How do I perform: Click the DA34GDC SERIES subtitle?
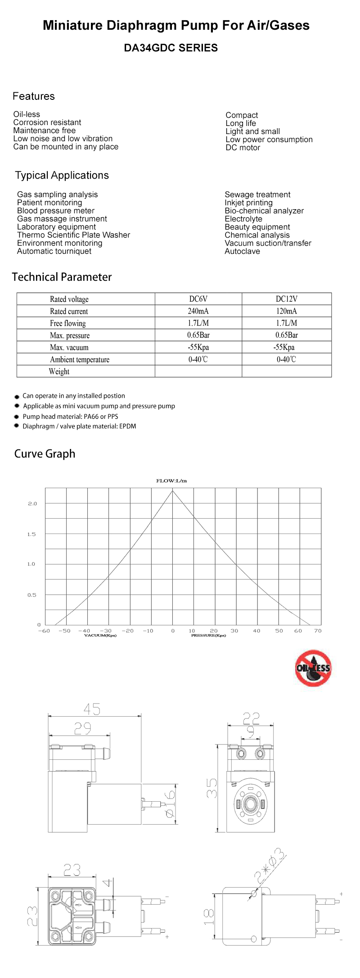[171, 48]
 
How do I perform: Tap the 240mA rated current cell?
[198, 311]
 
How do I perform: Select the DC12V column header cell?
[286, 299]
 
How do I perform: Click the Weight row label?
[59, 371]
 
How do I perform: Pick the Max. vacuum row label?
[69, 347]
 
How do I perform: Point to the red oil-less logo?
[313, 668]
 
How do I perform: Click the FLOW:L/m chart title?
[171, 480]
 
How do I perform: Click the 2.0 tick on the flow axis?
[32, 503]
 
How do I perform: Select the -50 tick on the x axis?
[65, 630]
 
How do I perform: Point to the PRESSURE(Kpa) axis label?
[208, 635]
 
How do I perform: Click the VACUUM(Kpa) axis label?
[100, 635]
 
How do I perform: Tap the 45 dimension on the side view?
[92, 709]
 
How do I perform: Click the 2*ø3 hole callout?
[270, 865]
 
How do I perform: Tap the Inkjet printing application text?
[248, 202]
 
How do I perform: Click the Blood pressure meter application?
[56, 211]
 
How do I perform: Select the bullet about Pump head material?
[70, 416]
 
